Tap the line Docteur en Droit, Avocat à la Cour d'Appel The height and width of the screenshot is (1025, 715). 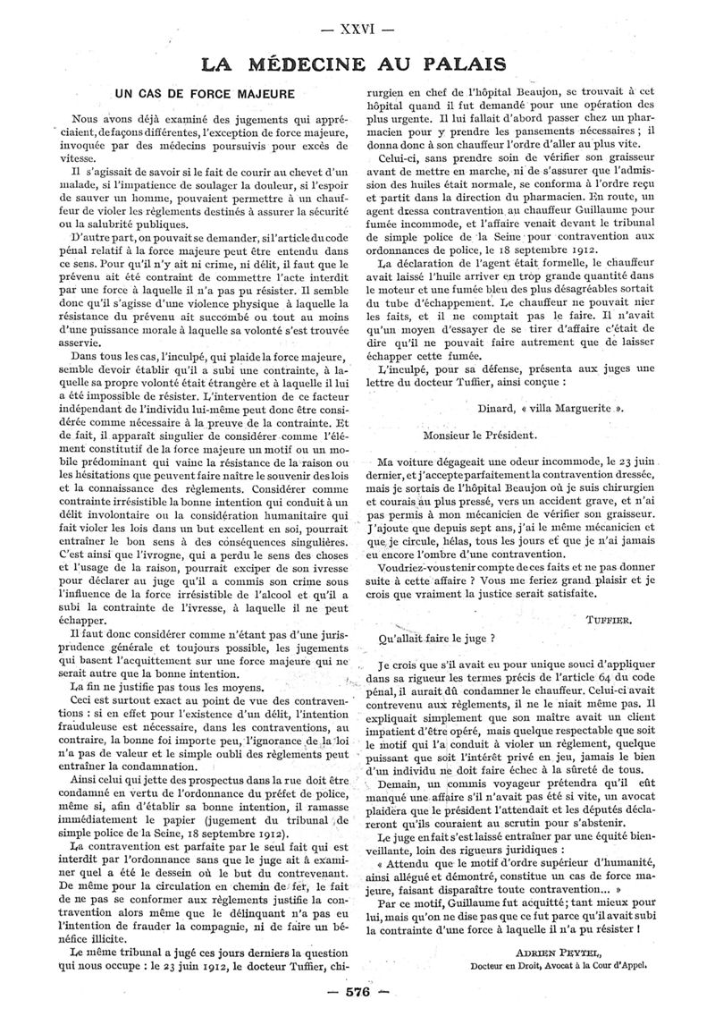[x=559, y=967]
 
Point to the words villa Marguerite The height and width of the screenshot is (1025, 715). [x=568, y=407]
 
